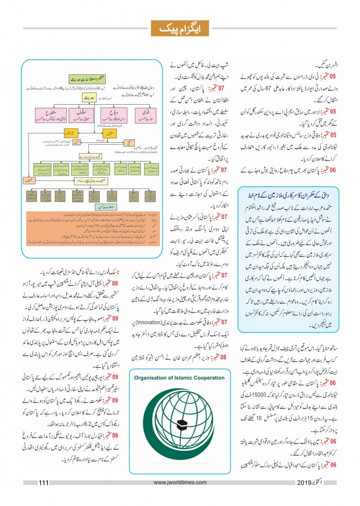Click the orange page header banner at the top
pos(180,29)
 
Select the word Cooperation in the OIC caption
pos(215,377)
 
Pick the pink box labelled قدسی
pos(144,115)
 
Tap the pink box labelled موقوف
pos(78,115)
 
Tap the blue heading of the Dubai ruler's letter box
pos(287,191)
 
